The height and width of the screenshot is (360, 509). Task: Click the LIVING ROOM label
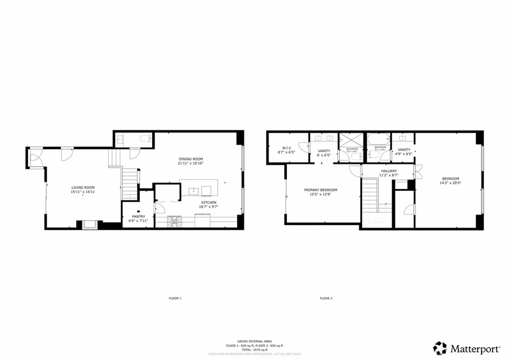83,187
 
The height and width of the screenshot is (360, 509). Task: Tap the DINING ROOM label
191,160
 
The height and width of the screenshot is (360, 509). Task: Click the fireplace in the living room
89,225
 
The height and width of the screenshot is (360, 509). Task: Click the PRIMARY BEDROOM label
321,190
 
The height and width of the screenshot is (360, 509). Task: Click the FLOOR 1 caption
175,298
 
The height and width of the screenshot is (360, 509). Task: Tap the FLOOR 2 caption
326,298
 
